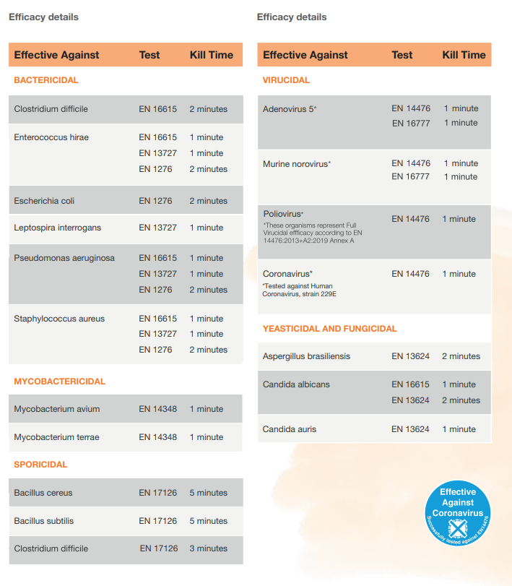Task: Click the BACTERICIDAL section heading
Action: coord(46,80)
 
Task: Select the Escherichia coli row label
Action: coord(44,201)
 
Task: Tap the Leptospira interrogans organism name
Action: coord(58,228)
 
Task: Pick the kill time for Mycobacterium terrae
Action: coord(207,437)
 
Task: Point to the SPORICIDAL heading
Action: coord(40,465)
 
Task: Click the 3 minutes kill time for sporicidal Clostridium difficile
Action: coord(209,548)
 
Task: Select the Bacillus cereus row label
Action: coord(43,493)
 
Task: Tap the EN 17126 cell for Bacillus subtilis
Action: coord(158,521)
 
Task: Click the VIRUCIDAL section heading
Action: coord(286,80)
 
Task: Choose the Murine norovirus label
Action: coord(296,164)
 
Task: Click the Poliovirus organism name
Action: coord(283,214)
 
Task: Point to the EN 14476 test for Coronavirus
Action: coord(410,274)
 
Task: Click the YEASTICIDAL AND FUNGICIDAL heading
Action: coord(330,329)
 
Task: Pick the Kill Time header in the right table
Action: coord(464,55)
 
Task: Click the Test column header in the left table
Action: coord(149,55)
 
